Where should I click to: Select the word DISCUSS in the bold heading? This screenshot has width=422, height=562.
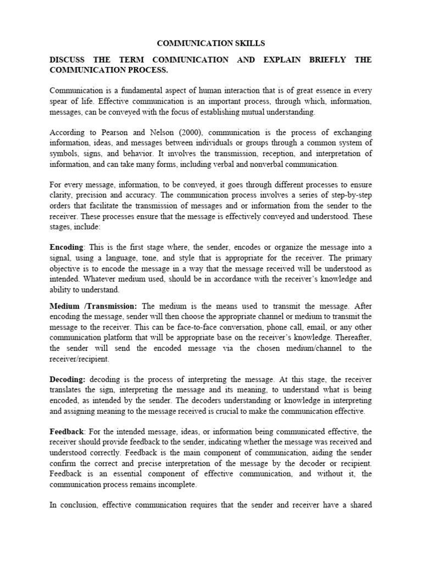tap(69, 60)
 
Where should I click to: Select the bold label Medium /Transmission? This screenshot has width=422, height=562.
tap(93, 306)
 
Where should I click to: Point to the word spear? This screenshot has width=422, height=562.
tap(60, 101)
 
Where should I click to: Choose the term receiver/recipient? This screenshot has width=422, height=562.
tap(79, 359)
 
